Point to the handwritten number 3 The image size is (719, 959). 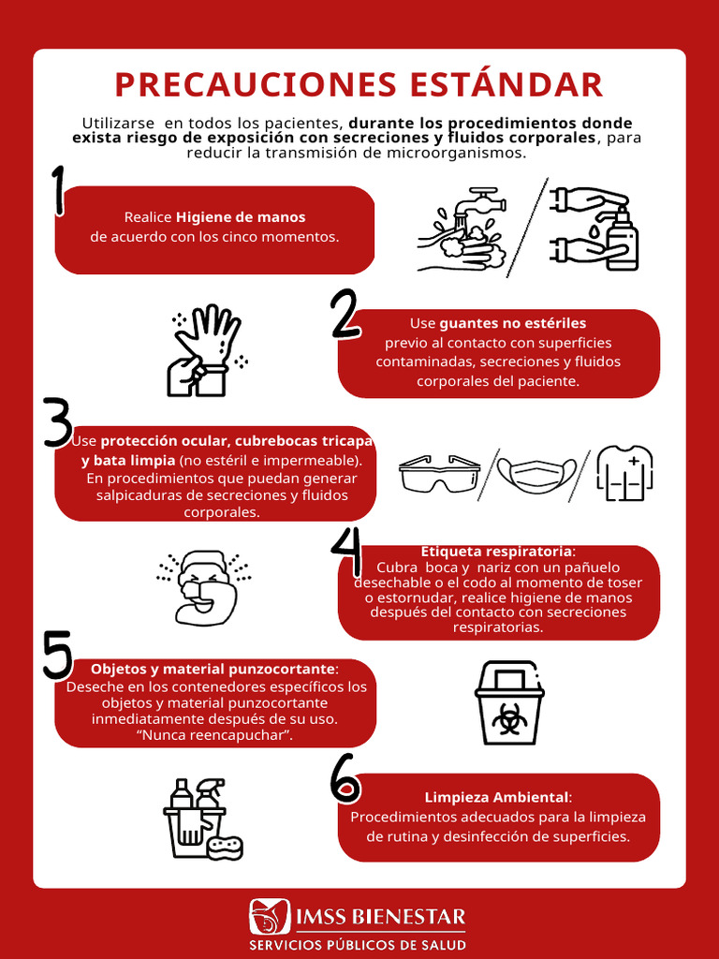tap(58, 422)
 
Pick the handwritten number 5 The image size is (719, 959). tap(57, 654)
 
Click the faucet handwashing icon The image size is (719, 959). tap(463, 229)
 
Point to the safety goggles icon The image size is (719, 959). tap(439, 473)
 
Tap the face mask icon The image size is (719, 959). tap(536, 473)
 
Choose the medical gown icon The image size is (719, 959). tap(624, 473)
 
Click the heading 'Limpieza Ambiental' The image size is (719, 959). tap(496, 797)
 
